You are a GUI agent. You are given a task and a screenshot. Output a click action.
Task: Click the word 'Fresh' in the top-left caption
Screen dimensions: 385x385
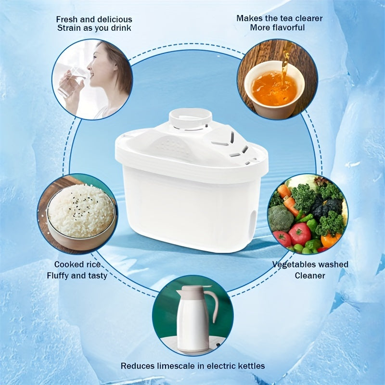click(66, 19)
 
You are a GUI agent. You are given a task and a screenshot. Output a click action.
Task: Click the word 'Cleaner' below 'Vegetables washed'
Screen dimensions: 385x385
click(310, 276)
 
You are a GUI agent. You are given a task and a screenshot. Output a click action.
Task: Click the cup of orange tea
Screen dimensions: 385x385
click(274, 89)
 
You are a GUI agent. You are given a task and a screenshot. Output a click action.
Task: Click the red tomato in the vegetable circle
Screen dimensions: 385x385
click(299, 233)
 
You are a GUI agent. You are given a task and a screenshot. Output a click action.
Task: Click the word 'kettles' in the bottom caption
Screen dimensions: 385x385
click(251, 366)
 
